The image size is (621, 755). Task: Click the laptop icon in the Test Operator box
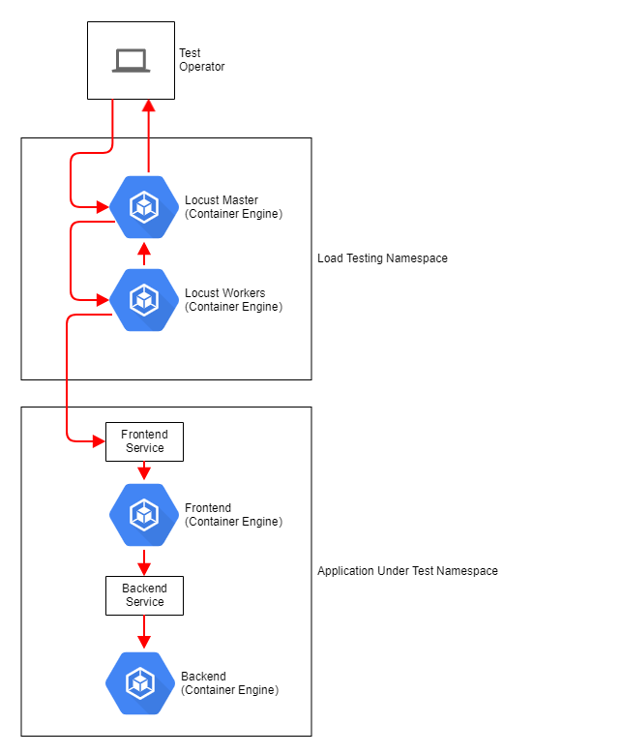(x=131, y=61)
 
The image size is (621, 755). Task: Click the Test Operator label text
(x=201, y=60)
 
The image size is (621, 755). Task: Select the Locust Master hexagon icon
(x=143, y=206)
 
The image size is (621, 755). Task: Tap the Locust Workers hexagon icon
(x=143, y=299)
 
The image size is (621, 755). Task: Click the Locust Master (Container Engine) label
(x=233, y=207)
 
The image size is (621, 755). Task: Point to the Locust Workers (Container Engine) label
(x=233, y=300)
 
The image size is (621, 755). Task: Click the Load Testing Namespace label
(x=382, y=258)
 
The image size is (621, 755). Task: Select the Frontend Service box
(x=144, y=441)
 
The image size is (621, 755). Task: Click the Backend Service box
(x=144, y=595)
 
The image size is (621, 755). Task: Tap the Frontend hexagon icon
(x=143, y=514)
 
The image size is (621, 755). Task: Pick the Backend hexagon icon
(x=140, y=683)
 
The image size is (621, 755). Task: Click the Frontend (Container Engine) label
(x=233, y=515)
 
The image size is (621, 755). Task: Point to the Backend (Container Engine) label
(x=229, y=683)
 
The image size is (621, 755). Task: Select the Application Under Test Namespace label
(x=407, y=571)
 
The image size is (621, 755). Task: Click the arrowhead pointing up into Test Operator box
(x=148, y=106)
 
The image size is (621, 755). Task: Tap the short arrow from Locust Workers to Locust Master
(x=143, y=255)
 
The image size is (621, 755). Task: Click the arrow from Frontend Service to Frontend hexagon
(x=143, y=471)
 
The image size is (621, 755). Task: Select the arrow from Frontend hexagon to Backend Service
(x=143, y=562)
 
